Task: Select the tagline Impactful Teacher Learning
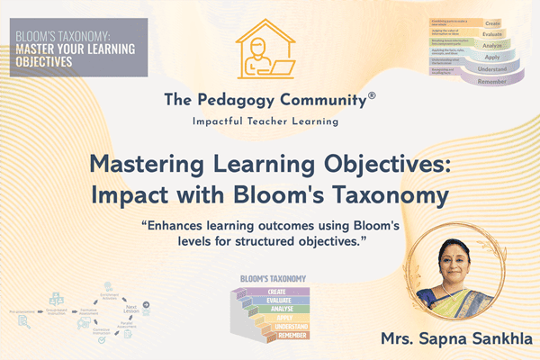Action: click(x=270, y=120)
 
